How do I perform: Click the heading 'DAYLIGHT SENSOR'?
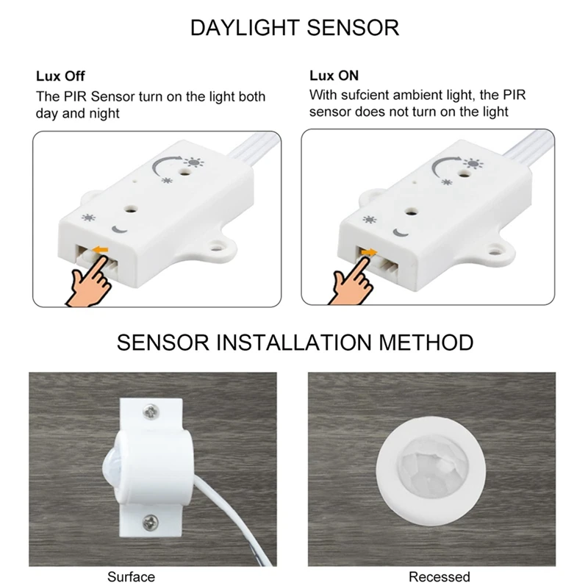pos(295,28)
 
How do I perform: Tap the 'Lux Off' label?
pos(60,76)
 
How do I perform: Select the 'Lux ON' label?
pos(334,76)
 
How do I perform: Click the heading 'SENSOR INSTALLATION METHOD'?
pos(295,343)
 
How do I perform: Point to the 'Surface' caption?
pos(131,577)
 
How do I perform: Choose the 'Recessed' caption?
pos(439,577)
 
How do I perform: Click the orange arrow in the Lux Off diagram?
pos(101,249)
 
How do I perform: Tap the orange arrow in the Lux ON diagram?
pos(369,252)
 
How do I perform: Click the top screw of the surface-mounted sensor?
pos(151,412)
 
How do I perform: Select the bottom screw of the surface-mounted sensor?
pos(151,523)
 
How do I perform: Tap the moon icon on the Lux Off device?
pos(120,229)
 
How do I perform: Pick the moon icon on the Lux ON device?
pos(401,233)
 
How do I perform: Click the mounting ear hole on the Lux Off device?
pos(215,248)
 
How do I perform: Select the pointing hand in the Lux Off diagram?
pos(89,280)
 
